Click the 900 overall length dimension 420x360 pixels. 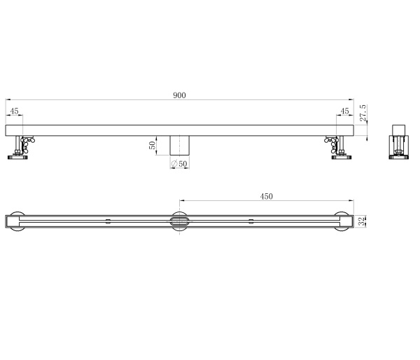point(179,96)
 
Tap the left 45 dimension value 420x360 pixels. point(15,111)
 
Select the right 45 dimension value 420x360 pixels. point(344,111)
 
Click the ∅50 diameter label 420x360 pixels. point(179,164)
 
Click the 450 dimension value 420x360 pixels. point(266,197)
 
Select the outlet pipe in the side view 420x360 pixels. point(181,146)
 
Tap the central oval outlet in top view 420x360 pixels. point(179,221)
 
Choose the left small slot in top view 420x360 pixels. point(107,221)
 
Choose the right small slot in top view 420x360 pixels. point(251,221)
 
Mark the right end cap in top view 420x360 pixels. point(344,221)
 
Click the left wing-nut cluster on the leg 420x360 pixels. point(27,144)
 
